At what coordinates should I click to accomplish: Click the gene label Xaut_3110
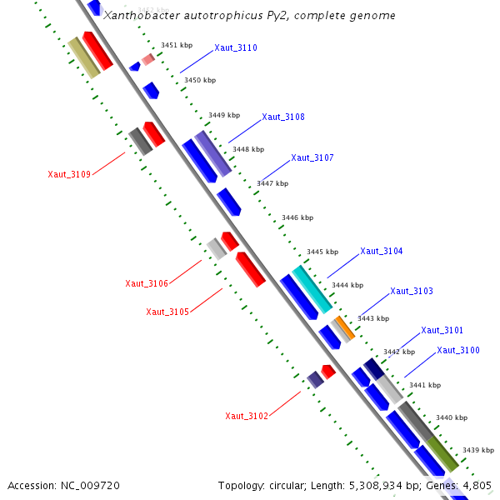(x=236, y=48)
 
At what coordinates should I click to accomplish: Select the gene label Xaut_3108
(x=283, y=117)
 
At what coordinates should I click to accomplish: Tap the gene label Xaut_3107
(x=312, y=157)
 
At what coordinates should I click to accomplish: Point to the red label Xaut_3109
(x=69, y=174)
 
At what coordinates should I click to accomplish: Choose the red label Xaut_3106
(x=147, y=283)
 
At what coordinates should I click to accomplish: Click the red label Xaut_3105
(x=167, y=312)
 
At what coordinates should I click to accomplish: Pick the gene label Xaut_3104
(x=382, y=251)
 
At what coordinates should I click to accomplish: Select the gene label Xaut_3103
(x=412, y=291)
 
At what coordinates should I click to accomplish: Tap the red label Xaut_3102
(x=247, y=416)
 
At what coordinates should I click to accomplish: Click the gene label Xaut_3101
(x=442, y=330)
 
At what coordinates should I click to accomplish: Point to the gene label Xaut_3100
(x=458, y=350)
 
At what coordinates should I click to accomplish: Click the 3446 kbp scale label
(x=297, y=217)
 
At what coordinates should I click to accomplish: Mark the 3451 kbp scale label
(x=177, y=45)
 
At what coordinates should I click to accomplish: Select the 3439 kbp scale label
(x=478, y=449)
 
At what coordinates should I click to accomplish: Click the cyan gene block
(x=312, y=289)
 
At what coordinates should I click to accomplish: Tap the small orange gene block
(x=345, y=327)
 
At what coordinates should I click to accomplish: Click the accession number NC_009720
(x=92, y=485)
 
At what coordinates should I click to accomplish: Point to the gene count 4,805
(x=477, y=485)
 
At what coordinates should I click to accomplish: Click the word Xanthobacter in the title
(x=136, y=16)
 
